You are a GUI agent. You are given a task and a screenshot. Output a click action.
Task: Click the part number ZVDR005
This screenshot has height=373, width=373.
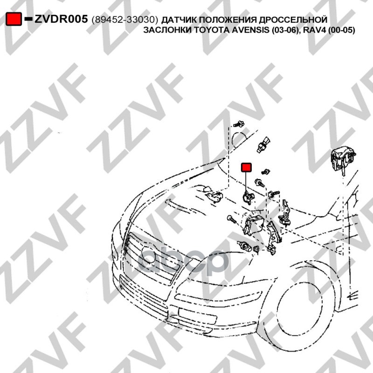pyautogui.click(x=61, y=19)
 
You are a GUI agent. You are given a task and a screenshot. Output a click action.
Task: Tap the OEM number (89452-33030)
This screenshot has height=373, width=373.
pyautogui.click(x=124, y=20)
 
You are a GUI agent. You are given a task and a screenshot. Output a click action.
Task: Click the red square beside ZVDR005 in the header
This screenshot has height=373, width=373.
pyautogui.click(x=14, y=19)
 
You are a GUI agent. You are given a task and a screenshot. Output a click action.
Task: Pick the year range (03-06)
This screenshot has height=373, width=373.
pyautogui.click(x=284, y=30)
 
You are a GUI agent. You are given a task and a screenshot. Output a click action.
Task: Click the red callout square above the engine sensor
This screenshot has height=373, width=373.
pyautogui.click(x=246, y=167)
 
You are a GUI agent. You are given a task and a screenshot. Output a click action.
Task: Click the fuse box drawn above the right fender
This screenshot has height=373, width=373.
pyautogui.click(x=343, y=159)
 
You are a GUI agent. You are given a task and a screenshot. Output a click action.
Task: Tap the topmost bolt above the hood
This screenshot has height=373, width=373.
pyautogui.click(x=239, y=124)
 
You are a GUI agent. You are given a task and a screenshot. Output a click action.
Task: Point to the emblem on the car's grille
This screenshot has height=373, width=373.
pyautogui.click(x=149, y=254)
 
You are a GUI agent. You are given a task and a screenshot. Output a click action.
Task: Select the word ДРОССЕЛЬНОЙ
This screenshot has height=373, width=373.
pyautogui.click(x=293, y=20)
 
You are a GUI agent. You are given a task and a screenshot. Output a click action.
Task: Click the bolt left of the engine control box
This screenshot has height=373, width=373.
pyautogui.click(x=231, y=219)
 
